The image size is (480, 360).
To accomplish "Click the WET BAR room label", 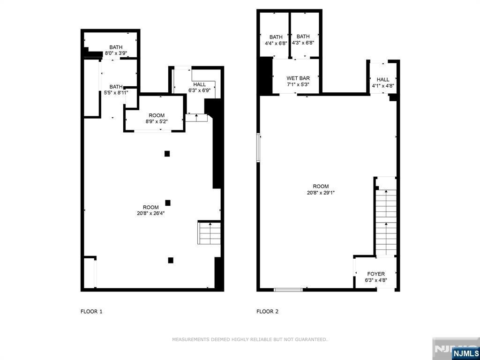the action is click(298, 78).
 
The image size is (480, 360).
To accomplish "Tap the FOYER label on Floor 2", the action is click(376, 274).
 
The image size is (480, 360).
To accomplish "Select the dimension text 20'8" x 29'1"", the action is click(321, 193).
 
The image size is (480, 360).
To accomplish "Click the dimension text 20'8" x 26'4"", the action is click(151, 214).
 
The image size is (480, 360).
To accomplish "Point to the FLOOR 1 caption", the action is click(91, 312).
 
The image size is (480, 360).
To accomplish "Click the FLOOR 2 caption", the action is click(267, 312).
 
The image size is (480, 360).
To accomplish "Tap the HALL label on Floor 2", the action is click(383, 80).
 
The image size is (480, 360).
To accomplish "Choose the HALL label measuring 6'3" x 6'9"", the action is click(199, 84).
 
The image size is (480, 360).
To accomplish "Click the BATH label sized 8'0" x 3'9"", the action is click(116, 47).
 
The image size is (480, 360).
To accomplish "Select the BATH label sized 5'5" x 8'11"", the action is click(116, 87).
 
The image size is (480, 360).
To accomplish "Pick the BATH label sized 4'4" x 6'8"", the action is click(276, 37).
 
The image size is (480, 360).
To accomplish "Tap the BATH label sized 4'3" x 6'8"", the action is click(303, 37).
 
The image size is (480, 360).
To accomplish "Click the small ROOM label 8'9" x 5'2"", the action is click(157, 115).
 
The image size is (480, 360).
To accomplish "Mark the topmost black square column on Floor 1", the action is click(167, 154).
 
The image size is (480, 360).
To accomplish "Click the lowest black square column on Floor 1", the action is click(171, 260).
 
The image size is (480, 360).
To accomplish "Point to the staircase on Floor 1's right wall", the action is click(210, 233).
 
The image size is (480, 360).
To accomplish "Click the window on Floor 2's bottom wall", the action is click(288, 290).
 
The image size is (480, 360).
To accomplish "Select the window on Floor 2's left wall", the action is click(258, 148).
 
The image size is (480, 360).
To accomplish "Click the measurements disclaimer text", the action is click(250, 339).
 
